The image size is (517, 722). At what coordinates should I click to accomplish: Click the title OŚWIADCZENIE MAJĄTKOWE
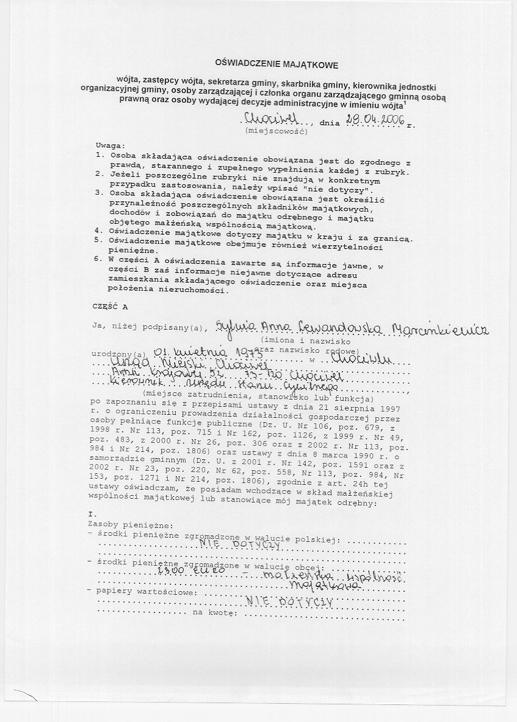(277, 64)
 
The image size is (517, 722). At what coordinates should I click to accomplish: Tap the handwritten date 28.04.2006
(375, 120)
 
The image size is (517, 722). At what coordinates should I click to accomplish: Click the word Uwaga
(109, 146)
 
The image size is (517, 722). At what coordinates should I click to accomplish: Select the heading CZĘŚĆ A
(110, 307)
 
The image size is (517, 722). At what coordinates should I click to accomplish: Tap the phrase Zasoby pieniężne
(131, 524)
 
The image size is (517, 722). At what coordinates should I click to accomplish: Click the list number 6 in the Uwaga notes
(98, 259)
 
